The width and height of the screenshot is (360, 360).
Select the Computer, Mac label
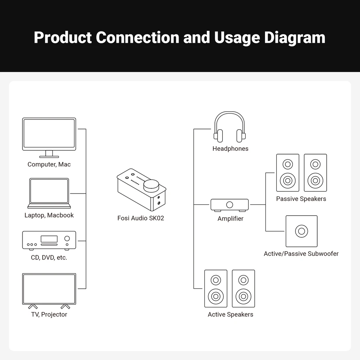(x=49, y=164)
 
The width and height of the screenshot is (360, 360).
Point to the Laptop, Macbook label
(x=49, y=215)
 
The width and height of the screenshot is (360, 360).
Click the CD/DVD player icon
(x=49, y=240)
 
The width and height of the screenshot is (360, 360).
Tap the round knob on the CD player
(x=67, y=238)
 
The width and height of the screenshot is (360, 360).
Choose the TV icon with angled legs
(x=49, y=289)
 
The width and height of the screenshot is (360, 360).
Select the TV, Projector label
(x=49, y=314)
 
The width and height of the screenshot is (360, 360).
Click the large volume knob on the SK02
(x=151, y=186)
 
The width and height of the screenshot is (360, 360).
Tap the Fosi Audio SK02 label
(x=141, y=218)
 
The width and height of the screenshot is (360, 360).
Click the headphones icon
(x=229, y=127)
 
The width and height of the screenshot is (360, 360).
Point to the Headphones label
(x=230, y=149)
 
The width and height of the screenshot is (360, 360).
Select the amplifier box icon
(x=229, y=205)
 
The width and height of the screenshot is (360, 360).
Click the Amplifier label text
(x=230, y=219)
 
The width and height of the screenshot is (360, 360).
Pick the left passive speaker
(x=288, y=173)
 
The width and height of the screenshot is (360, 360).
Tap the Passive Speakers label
(x=301, y=199)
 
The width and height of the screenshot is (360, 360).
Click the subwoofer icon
(x=301, y=231)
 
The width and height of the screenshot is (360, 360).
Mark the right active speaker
(x=243, y=289)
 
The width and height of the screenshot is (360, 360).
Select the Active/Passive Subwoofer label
(x=301, y=254)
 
